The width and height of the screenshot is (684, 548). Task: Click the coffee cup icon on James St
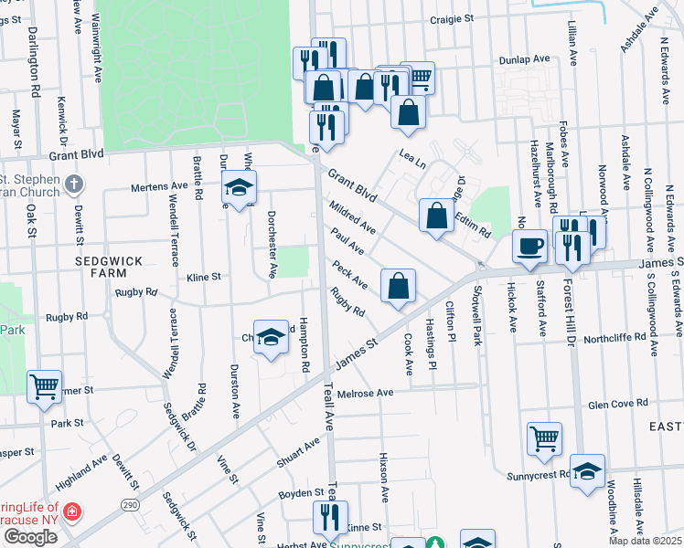click(529, 245)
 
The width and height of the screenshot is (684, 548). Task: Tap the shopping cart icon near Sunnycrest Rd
click(544, 437)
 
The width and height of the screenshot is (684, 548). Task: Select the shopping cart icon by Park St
click(44, 386)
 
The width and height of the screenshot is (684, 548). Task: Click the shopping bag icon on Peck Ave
click(399, 285)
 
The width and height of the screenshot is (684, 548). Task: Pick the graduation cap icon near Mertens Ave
click(239, 188)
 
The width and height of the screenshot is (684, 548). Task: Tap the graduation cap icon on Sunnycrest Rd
click(587, 469)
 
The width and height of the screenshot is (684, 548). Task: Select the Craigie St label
click(453, 18)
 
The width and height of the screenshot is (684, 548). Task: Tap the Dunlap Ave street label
click(524, 58)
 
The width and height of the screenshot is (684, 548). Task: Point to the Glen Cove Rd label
click(618, 403)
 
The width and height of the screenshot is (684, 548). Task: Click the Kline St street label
click(204, 276)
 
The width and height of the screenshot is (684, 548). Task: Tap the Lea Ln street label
click(411, 161)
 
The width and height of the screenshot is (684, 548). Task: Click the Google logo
click(30, 537)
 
